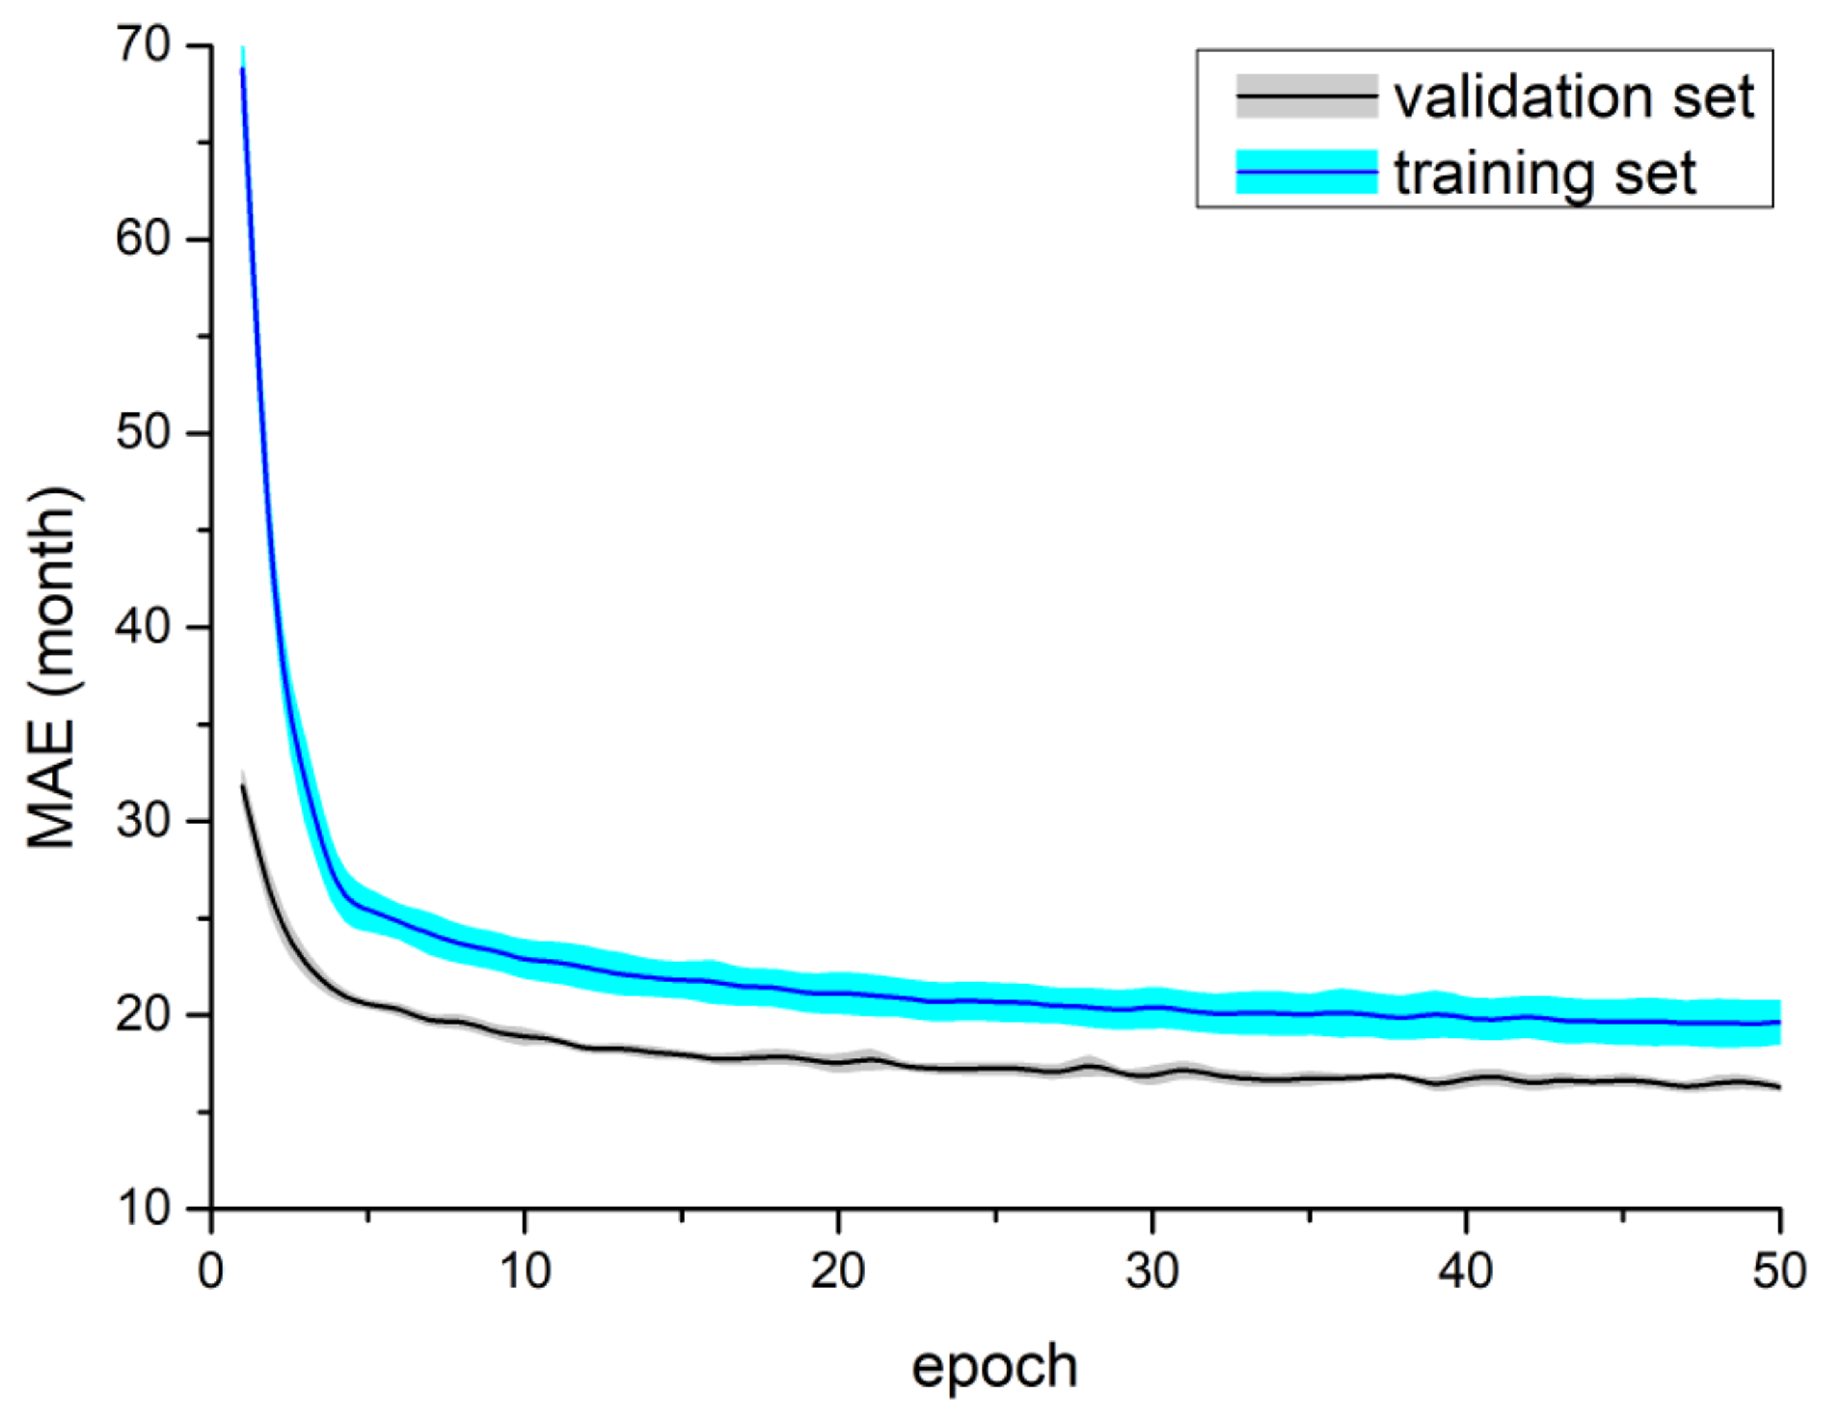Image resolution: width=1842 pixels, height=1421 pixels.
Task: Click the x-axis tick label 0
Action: click(x=210, y=1271)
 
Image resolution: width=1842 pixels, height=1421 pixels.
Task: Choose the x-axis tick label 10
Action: click(x=525, y=1271)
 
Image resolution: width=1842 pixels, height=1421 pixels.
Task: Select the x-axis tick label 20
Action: click(x=838, y=1271)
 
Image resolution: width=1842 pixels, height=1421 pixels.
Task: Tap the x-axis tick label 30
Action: click(x=1151, y=1271)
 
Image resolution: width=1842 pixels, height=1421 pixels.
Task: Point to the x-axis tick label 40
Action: click(x=1465, y=1271)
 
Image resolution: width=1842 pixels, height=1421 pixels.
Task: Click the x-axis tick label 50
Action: click(x=1778, y=1271)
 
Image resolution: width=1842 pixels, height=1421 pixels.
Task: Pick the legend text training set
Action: click(x=1545, y=174)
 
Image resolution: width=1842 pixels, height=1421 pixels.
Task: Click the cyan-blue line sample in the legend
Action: click(x=1307, y=173)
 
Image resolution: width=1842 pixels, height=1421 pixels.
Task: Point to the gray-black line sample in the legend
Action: click(x=1307, y=96)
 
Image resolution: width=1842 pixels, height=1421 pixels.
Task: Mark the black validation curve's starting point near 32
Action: click(x=243, y=786)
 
